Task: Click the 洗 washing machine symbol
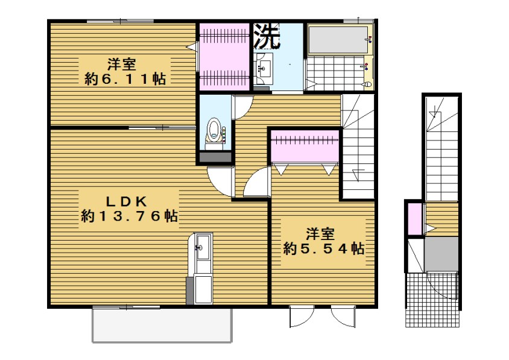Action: click(x=267, y=36)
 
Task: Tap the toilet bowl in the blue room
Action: click(x=213, y=130)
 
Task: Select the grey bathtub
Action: click(x=338, y=40)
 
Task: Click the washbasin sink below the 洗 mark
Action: click(x=263, y=69)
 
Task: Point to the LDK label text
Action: click(x=127, y=201)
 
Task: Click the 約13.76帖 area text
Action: click(x=129, y=216)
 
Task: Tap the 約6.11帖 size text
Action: click(x=125, y=79)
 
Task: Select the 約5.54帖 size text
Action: click(x=323, y=248)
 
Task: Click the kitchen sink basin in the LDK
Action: click(x=203, y=247)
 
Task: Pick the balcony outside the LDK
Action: click(x=162, y=324)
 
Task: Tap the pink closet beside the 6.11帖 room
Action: click(x=224, y=57)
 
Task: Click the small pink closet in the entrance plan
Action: click(x=414, y=218)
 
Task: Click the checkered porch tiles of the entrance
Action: click(x=432, y=300)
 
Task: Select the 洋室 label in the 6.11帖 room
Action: click(x=122, y=65)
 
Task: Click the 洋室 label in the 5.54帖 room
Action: click(x=320, y=235)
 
